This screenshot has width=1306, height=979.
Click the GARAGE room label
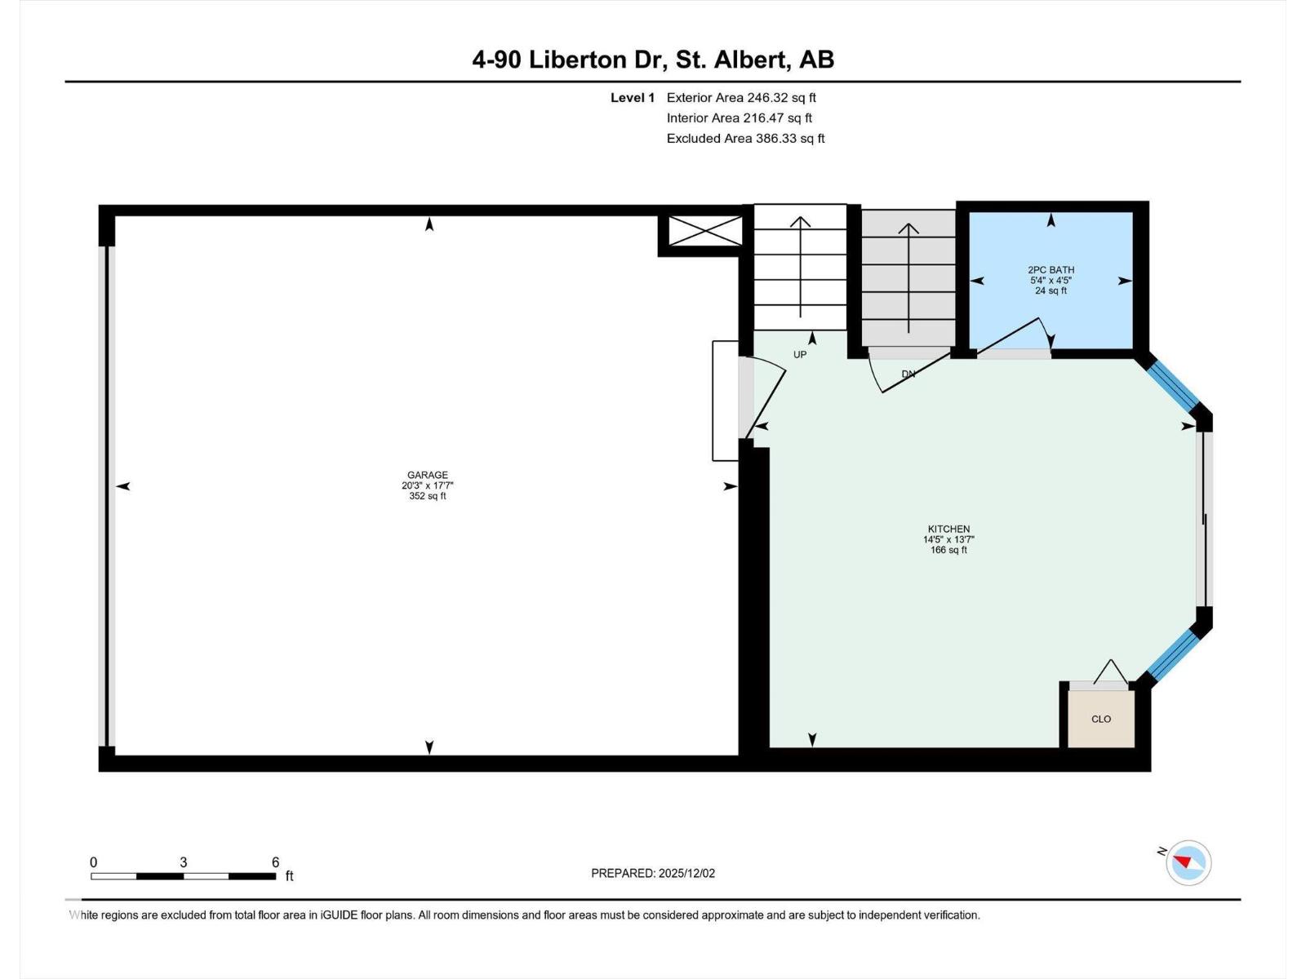tap(427, 474)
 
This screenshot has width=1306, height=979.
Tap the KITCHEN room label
tap(948, 529)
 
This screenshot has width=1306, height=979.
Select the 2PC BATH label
tap(1051, 270)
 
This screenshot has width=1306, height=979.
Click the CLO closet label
tap(1101, 719)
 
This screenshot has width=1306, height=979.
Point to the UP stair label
tap(800, 354)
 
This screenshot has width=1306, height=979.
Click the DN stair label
tap(908, 374)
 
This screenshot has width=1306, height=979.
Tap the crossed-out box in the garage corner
tap(706, 231)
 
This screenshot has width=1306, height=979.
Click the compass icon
tap(1188, 862)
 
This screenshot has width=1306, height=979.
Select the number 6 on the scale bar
tap(275, 862)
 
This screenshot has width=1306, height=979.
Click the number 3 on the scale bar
tap(184, 862)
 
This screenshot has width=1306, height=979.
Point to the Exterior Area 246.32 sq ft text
tap(741, 97)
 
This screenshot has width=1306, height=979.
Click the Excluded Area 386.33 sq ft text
tap(745, 139)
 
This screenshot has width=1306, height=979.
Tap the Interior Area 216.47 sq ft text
tap(739, 117)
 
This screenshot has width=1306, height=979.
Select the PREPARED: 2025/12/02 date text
tap(653, 873)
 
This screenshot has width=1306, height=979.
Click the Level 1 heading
tap(632, 97)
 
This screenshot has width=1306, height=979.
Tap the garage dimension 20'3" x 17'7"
tap(427, 485)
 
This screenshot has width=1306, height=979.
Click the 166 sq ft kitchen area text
tap(948, 550)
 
